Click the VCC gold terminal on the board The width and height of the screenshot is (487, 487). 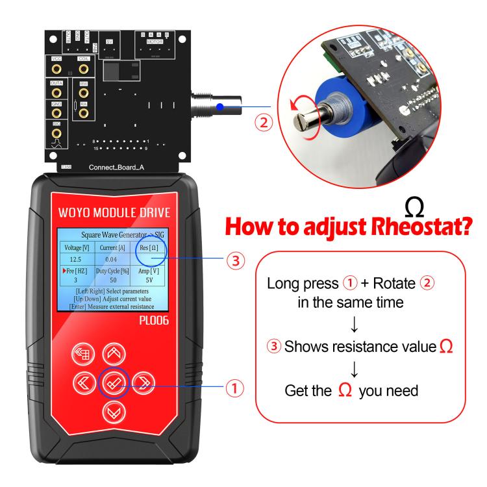click(57, 68)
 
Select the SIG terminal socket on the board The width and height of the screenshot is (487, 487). click(57, 133)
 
